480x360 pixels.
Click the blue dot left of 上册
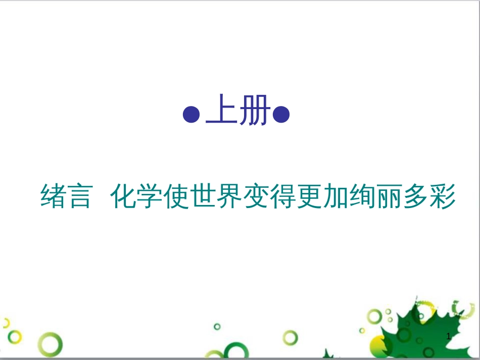point(191,116)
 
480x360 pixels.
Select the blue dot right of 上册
point(281,116)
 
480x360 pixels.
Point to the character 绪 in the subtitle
point(54,196)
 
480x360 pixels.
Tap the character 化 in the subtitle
point(123,196)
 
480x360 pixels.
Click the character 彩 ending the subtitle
point(444,196)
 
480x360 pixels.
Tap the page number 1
point(448,336)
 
